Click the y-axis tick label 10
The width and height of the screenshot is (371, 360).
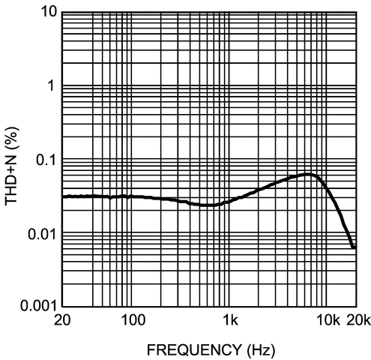(x=48, y=12)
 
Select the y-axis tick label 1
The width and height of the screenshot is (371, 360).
(x=52, y=85)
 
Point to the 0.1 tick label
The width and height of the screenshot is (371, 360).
(x=45, y=159)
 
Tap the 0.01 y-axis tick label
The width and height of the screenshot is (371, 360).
(x=41, y=233)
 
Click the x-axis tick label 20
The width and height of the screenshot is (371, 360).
(x=62, y=321)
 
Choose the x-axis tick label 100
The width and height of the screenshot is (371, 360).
(x=131, y=321)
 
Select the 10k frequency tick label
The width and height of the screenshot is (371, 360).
(x=328, y=321)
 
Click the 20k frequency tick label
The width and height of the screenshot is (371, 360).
(x=357, y=321)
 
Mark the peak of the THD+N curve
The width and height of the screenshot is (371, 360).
(x=308, y=174)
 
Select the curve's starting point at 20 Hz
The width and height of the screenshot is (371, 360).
(x=63, y=196)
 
